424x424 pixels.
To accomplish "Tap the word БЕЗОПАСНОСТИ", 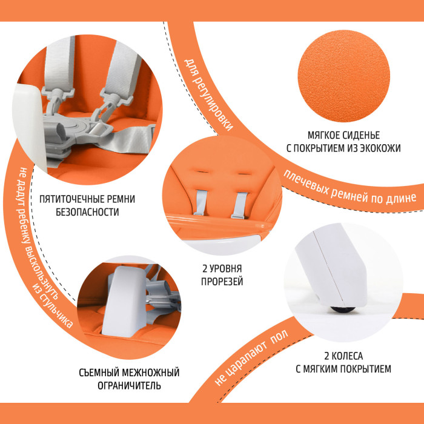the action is (87, 212).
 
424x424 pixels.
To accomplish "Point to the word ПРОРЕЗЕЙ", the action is (222, 282).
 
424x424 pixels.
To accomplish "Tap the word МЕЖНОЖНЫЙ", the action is (151, 373).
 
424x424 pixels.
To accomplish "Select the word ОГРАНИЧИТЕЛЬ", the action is (129, 386).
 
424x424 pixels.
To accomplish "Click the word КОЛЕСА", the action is (347, 356).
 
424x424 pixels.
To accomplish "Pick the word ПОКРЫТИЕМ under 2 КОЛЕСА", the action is (365, 369).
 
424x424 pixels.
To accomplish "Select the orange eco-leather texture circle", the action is (343, 76).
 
